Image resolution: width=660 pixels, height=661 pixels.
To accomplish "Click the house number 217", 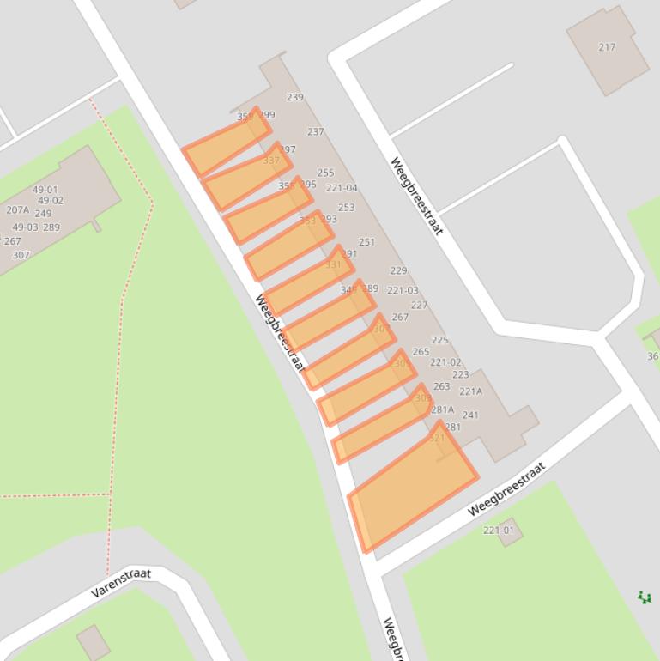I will click(x=607, y=47).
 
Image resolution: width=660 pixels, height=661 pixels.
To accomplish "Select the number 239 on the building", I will click(x=294, y=98).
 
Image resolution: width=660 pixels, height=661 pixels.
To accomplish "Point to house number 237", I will click(x=315, y=132).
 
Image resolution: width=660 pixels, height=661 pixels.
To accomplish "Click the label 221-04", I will click(x=342, y=189).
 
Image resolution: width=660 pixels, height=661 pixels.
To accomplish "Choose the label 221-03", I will click(x=403, y=291).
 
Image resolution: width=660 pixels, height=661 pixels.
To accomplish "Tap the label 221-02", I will click(x=445, y=363).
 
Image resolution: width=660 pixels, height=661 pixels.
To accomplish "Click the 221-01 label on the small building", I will click(x=499, y=531).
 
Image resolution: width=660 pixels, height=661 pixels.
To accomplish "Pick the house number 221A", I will click(x=470, y=391).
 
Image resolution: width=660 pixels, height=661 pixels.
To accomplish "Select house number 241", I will click(x=470, y=415).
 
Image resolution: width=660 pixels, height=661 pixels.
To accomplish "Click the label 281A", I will click(x=442, y=410).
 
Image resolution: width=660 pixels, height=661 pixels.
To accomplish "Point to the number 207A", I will click(x=17, y=210).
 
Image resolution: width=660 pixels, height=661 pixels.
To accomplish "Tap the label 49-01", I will click(x=45, y=191).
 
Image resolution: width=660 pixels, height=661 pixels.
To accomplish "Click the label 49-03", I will click(x=25, y=227).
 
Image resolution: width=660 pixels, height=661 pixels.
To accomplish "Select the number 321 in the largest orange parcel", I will click(x=437, y=438).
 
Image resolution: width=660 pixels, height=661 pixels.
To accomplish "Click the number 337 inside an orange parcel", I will click(x=271, y=161).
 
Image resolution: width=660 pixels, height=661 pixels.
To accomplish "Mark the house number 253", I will click(x=346, y=208).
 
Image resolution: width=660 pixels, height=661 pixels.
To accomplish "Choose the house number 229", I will click(x=398, y=271).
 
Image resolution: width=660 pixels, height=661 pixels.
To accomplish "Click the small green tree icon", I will click(x=645, y=597).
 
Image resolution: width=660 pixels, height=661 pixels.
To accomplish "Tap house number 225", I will click(x=439, y=341).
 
